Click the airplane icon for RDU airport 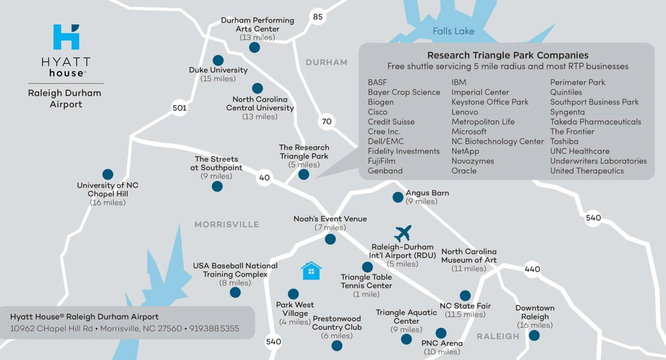402,233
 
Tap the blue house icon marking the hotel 311,271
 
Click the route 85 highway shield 318,17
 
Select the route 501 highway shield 179,108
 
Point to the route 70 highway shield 327,121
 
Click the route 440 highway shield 532,269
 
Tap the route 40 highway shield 264,178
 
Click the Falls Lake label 454,31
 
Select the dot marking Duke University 218,60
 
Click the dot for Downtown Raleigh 534,335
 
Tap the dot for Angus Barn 398,197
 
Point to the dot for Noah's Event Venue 330,239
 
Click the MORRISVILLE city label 227,224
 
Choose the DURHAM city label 327,62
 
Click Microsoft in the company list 469,132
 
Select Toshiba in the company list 564,141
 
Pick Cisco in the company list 377,112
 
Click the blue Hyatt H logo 66,37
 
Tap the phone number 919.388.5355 214,328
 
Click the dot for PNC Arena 441,333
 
